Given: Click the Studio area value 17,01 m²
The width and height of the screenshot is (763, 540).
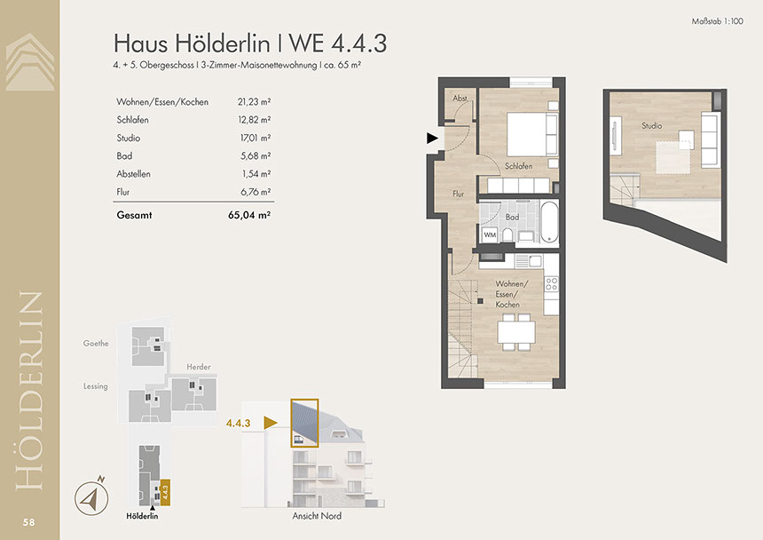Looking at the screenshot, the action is (256, 138).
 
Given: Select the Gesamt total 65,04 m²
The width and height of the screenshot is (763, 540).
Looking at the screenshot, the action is (249, 215).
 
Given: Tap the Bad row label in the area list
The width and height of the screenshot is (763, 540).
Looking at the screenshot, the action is (124, 155).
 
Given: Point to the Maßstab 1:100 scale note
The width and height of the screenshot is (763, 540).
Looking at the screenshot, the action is (717, 21).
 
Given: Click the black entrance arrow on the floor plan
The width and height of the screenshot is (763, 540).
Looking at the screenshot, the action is (432, 139).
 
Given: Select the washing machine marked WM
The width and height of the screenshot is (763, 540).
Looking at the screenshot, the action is (490, 235).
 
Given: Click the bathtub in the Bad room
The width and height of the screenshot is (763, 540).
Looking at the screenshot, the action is (549, 223).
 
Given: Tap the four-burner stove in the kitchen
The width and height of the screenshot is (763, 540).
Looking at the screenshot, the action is (551, 284).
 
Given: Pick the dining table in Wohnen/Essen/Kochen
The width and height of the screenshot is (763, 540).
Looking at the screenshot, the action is (516, 332).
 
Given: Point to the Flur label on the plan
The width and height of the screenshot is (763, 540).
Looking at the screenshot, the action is (459, 194).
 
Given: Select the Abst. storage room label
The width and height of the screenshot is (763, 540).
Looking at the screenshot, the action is (460, 99).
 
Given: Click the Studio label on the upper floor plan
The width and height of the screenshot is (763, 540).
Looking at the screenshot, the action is (651, 125).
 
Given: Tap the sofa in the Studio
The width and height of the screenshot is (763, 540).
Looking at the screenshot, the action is (710, 139).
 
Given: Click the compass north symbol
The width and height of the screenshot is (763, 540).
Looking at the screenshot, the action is (92, 497).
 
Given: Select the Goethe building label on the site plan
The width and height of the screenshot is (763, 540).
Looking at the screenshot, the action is (96, 344).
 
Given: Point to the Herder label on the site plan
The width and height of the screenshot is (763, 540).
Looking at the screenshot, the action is (199, 367).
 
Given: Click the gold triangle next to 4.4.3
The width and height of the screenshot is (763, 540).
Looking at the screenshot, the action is (270, 423).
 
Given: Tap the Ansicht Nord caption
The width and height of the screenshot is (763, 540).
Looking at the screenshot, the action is (317, 516).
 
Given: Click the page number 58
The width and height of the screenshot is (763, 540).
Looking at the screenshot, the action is (28, 522).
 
